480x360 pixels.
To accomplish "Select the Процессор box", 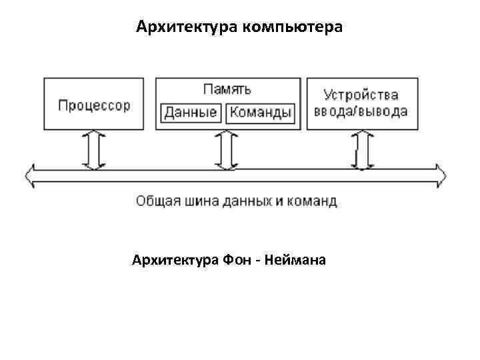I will tap(93, 105).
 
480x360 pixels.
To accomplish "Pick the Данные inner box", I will tap(191, 112).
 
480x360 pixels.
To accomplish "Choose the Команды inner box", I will tap(261, 112).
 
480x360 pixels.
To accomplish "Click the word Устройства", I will tap(361, 95).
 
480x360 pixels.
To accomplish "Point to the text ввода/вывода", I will tap(361, 111).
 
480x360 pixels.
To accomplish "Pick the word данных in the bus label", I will tap(247, 201).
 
